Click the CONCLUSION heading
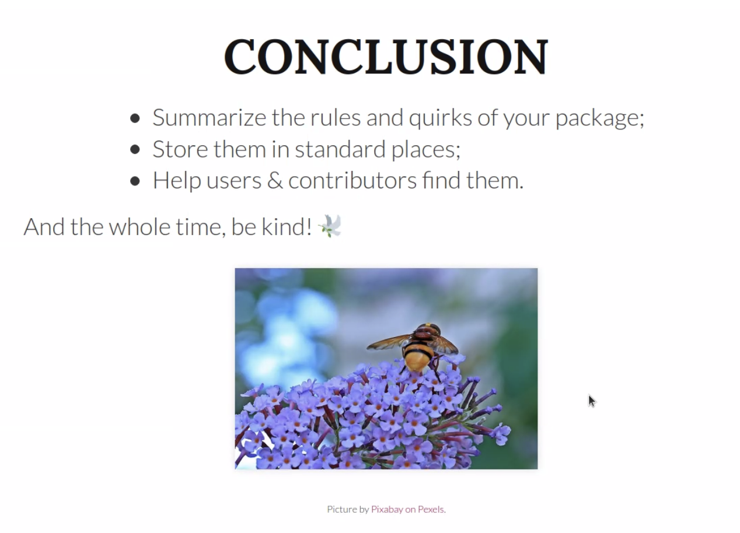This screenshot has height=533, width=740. tap(386, 57)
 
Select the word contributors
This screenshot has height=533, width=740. tap(352, 181)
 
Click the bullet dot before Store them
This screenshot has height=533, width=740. tap(135, 150)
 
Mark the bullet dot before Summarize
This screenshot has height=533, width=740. tap(135, 118)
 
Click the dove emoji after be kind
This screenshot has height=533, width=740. tap(330, 226)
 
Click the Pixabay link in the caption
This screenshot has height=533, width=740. tap(387, 509)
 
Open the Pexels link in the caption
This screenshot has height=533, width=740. tap(431, 509)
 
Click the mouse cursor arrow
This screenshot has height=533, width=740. tap(591, 401)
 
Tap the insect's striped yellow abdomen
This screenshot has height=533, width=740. tap(418, 356)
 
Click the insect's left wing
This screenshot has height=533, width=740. tap(388, 342)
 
